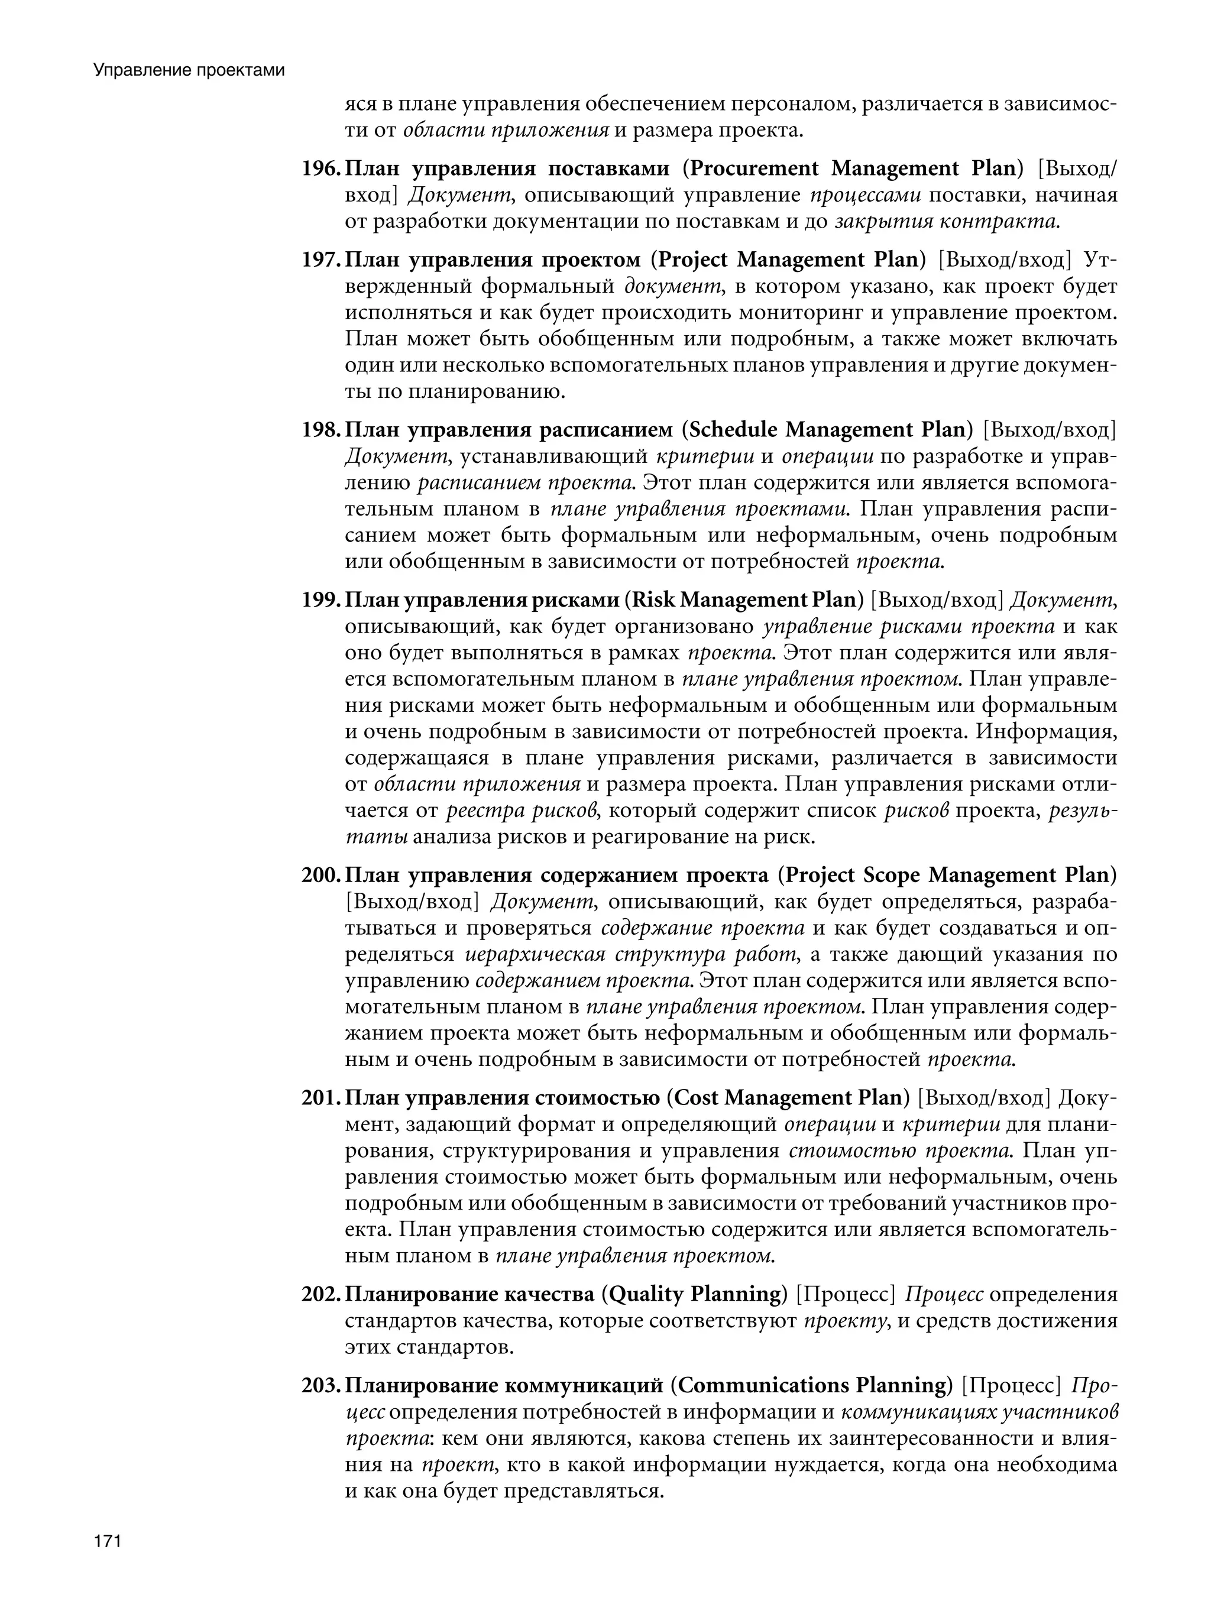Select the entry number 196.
tap(320, 169)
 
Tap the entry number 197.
tap(320, 261)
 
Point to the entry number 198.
tap(320, 430)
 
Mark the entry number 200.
tap(320, 876)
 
